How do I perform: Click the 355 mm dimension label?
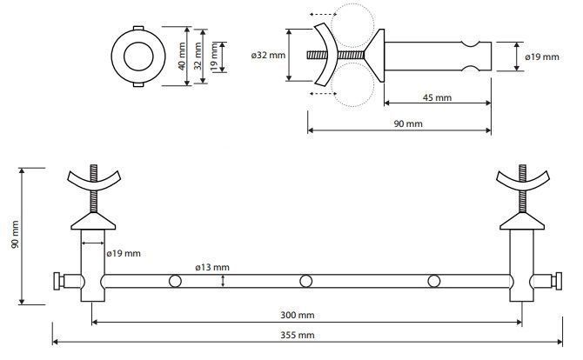tap(297, 335)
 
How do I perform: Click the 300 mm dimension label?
tap(297, 315)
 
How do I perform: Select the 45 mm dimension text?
tap(437, 97)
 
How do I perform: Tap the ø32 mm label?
tap(268, 56)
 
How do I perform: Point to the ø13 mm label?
tap(212, 267)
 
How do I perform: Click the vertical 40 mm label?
tap(182, 57)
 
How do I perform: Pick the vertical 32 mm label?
tap(198, 57)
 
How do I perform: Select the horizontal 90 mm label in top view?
tap(408, 123)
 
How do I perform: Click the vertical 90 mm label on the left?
tap(15, 235)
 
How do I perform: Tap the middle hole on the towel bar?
tap(306, 281)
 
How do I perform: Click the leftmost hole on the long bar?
tap(175, 281)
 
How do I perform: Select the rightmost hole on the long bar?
tap(434, 281)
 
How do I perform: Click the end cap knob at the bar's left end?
tap(57, 281)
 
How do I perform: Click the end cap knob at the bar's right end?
tap(558, 281)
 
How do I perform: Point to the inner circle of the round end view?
tap(138, 57)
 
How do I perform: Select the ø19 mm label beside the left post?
tap(124, 254)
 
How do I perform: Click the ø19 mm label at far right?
tap(542, 57)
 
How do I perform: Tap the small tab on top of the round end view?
tap(138, 28)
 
